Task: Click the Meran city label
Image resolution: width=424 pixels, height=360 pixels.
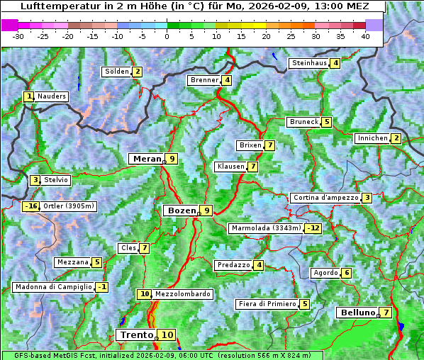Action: (x=147, y=159)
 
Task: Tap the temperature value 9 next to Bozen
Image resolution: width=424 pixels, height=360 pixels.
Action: (x=206, y=210)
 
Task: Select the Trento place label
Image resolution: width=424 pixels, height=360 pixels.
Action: (x=136, y=334)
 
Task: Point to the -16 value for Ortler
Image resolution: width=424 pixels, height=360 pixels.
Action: (x=30, y=206)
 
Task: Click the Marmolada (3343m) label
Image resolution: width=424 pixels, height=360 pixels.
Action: (x=265, y=228)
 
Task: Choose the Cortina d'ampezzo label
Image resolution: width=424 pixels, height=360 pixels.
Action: (x=325, y=198)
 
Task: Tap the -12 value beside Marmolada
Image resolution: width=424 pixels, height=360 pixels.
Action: (x=313, y=228)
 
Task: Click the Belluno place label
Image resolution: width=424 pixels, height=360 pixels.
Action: (x=357, y=313)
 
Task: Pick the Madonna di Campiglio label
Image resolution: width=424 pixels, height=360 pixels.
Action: (x=53, y=287)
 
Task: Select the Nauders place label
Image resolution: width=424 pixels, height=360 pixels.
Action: (x=51, y=96)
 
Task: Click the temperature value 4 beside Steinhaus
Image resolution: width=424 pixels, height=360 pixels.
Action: (x=335, y=63)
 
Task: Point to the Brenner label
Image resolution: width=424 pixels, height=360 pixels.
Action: (x=204, y=80)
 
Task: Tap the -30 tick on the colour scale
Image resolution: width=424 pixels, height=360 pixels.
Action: (x=18, y=36)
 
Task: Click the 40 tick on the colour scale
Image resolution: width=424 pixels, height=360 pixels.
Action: (x=365, y=36)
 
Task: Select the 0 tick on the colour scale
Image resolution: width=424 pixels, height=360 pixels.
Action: (x=167, y=36)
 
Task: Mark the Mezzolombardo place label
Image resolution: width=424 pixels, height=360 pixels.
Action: (x=182, y=293)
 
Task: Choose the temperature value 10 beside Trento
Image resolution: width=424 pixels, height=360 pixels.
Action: (x=167, y=334)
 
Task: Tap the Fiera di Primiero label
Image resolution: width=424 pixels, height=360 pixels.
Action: (x=267, y=304)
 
